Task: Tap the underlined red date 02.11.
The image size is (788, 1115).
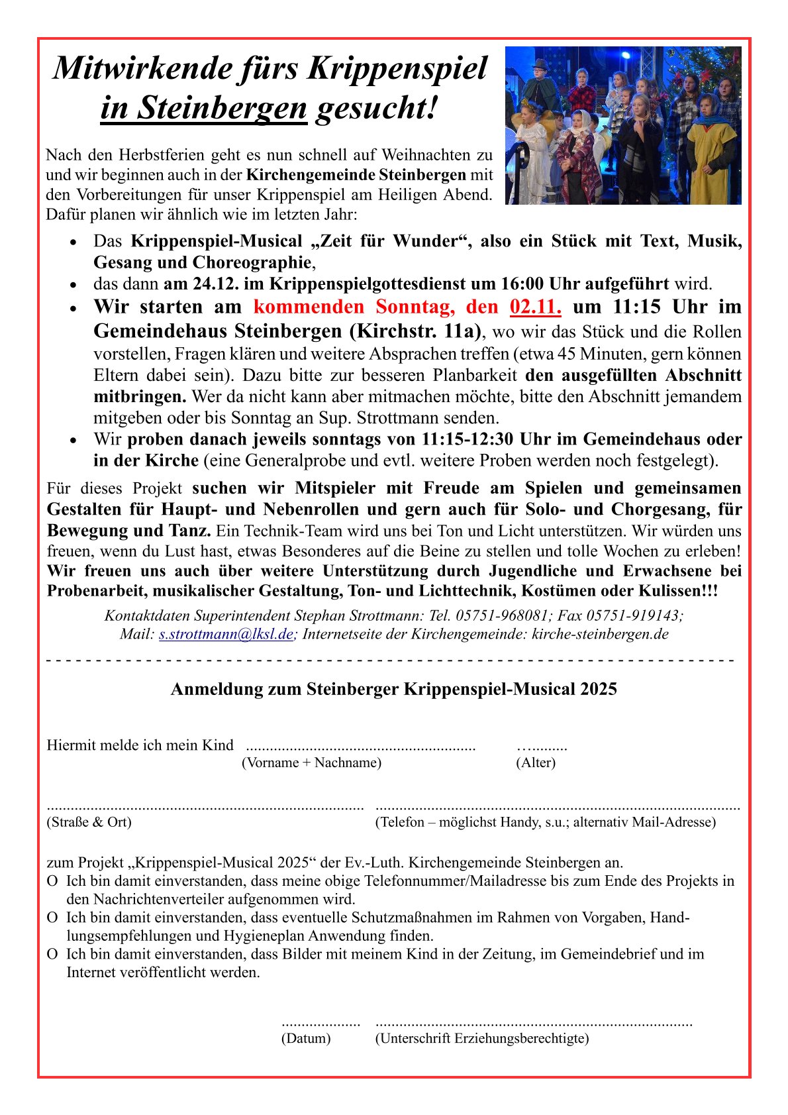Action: (535, 307)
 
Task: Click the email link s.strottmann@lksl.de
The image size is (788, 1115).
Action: (226, 634)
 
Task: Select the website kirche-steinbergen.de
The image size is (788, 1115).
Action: (600, 634)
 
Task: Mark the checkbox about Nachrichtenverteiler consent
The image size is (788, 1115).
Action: (52, 882)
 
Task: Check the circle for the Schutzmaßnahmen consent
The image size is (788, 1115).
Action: (52, 918)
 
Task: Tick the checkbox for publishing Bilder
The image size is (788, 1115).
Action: (52, 955)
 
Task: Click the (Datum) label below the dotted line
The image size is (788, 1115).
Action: (306, 1038)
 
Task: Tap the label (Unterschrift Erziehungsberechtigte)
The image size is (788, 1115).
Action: (481, 1038)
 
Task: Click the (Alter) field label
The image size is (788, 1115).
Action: (535, 763)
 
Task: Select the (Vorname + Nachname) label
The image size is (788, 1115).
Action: (311, 763)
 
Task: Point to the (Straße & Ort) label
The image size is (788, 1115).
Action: (89, 822)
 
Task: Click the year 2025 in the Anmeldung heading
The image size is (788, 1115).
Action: (599, 689)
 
